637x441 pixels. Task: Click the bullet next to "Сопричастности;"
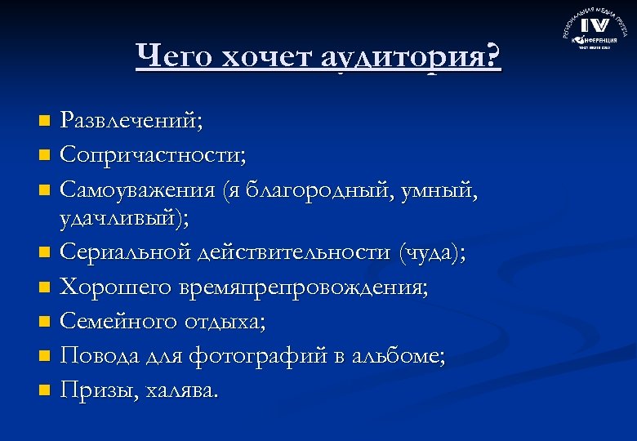pos(44,154)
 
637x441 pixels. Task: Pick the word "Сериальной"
pos(125,252)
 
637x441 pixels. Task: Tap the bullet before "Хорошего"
pos(44,288)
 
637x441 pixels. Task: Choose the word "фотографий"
pos(265,356)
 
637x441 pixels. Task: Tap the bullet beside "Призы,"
pos(44,391)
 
